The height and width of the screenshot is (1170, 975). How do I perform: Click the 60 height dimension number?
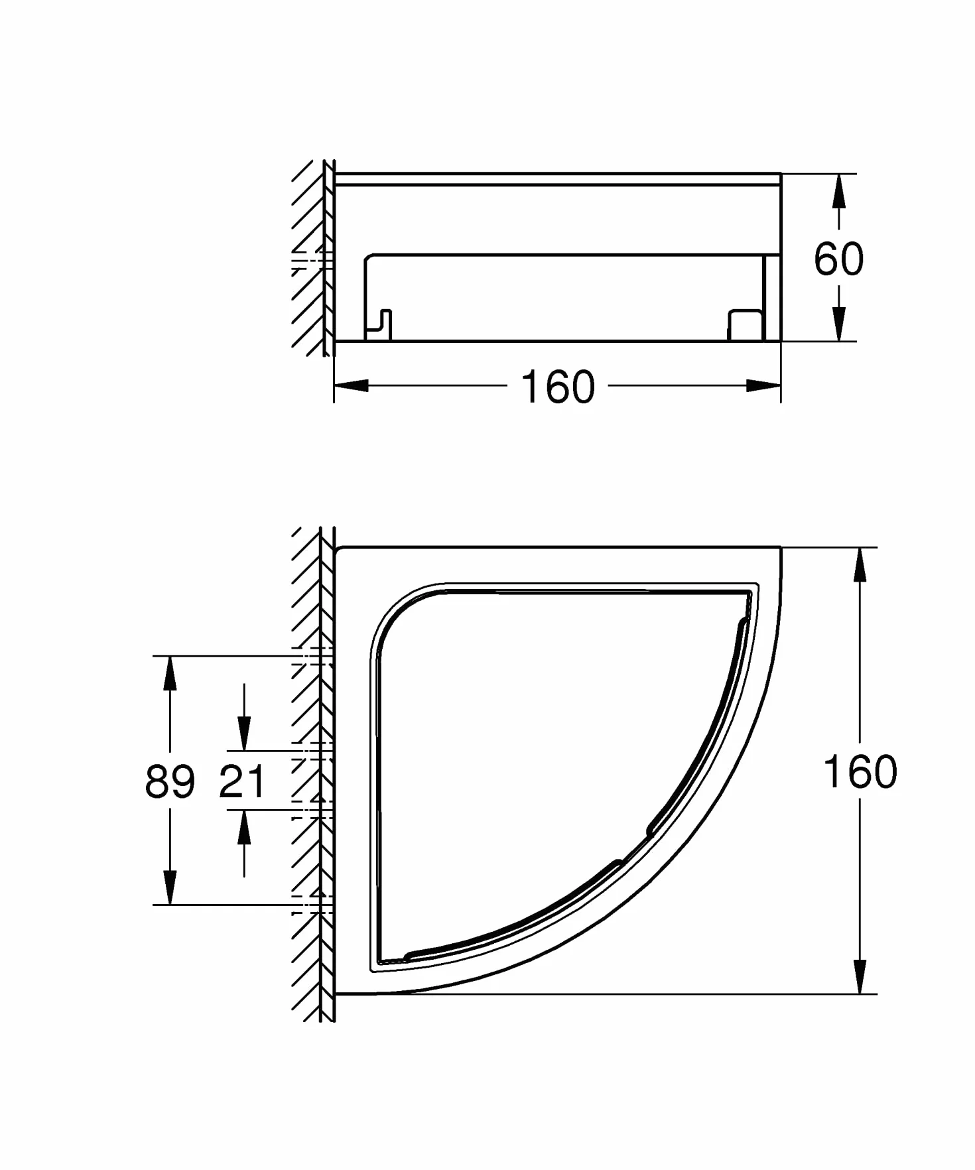[x=838, y=259]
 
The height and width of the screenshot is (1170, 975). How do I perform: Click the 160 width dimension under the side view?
[x=558, y=387]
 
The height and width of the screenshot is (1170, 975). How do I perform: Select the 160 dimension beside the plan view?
[x=860, y=771]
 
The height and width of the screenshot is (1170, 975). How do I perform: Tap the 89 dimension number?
[x=170, y=781]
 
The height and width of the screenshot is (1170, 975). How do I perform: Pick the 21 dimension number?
[x=242, y=781]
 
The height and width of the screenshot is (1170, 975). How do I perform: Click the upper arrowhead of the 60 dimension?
[x=839, y=191]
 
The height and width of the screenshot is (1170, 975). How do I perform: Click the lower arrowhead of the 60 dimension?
[x=839, y=324]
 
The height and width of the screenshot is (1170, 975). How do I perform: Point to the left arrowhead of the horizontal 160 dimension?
[x=351, y=385]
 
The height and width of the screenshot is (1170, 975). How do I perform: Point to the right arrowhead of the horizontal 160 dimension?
[x=763, y=385]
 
